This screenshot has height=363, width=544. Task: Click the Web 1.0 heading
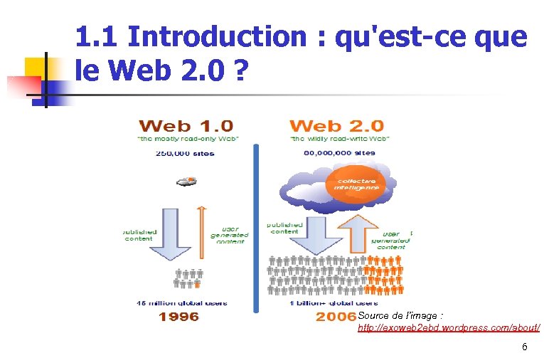coord(187,126)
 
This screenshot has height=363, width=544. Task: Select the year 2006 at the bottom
coord(336,316)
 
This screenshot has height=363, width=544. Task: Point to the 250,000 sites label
coord(186,152)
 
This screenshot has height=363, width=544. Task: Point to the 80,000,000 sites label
coord(339,152)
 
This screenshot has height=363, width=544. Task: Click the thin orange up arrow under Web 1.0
coord(202,235)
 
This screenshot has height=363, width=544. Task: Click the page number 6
coord(525,347)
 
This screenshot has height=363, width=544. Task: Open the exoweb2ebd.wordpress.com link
coord(448,327)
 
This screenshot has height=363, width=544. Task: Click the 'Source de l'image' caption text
coord(401,315)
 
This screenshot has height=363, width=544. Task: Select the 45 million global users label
coord(182,302)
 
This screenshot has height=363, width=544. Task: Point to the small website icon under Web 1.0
coord(186,181)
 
